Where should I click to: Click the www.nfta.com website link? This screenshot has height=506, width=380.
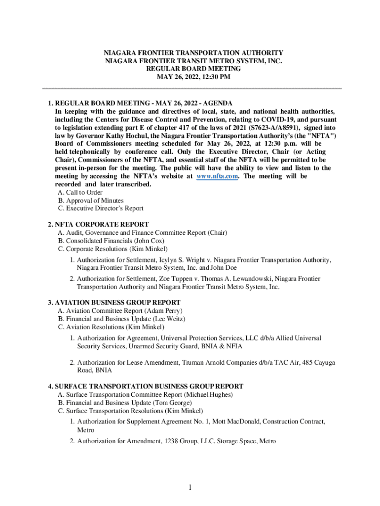(217, 176)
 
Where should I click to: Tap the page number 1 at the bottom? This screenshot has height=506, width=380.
(190, 488)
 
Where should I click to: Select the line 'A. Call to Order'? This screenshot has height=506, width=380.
(80, 192)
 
